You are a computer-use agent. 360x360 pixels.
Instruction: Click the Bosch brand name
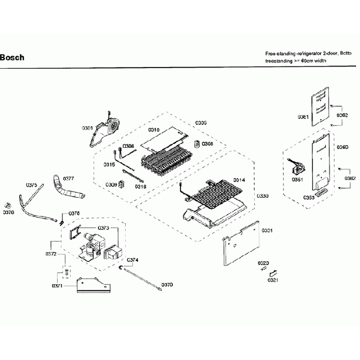tap(12, 57)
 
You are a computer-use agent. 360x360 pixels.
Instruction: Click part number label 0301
tap(87, 128)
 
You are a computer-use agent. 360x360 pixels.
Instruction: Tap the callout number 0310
tap(154, 130)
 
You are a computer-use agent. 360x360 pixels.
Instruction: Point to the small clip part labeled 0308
tap(196, 144)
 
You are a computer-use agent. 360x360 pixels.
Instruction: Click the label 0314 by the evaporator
tap(239, 180)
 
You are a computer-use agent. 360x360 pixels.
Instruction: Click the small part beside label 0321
tap(272, 272)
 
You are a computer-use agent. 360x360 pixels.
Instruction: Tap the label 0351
tap(297, 179)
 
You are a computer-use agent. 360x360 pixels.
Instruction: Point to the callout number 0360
tap(342, 147)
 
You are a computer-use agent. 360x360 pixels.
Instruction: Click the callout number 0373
tap(103, 228)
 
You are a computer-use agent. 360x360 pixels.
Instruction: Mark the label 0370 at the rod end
tap(167, 285)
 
